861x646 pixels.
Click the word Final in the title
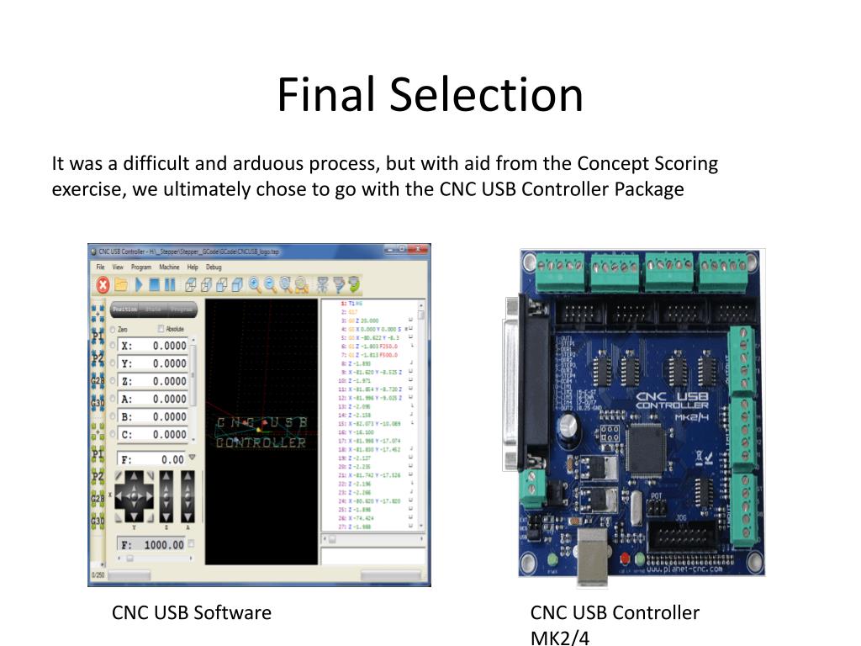(325, 94)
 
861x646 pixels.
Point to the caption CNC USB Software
(192, 612)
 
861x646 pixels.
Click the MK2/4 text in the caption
(560, 638)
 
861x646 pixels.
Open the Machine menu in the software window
(169, 267)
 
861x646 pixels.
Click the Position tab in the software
(125, 309)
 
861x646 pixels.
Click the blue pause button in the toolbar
(170, 284)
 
